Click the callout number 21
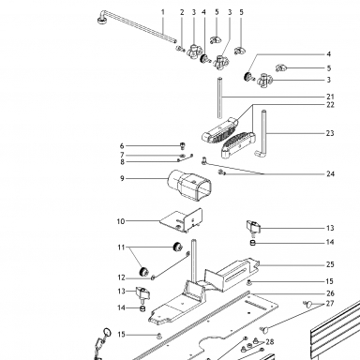pos(330,97)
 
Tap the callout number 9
pos(122,178)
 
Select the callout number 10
pos(121,221)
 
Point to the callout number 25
pos(330,264)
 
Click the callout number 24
pos(330,173)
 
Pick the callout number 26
pos(330,293)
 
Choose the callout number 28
pos(269,341)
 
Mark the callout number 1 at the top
pos(163,12)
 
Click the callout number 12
pos(121,277)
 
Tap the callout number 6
pos(122,146)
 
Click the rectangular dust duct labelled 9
pos(190,185)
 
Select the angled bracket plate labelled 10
pos(181,220)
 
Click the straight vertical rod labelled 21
pos(220,97)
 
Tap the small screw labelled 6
pos(183,145)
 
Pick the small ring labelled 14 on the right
pos(253,243)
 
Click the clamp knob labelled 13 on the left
pos(142,294)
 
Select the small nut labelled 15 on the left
pos(159,336)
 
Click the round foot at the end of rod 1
pos(102,20)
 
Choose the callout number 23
pos(330,133)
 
